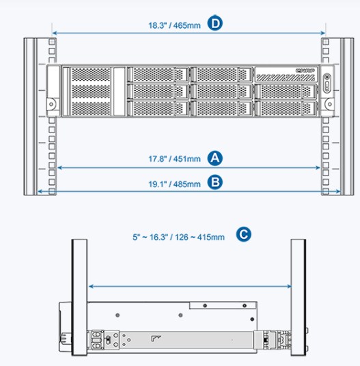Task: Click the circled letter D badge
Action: click(x=215, y=23)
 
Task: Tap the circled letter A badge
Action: click(x=215, y=158)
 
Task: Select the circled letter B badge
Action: click(x=215, y=182)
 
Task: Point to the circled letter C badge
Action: click(x=243, y=234)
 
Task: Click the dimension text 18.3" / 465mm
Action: click(x=174, y=25)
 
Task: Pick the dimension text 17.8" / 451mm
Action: click(x=174, y=159)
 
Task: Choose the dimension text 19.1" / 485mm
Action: click(x=174, y=184)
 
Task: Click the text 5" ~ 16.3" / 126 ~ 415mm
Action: click(x=178, y=237)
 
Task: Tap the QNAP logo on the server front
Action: click(x=305, y=70)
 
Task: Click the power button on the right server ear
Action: click(x=327, y=76)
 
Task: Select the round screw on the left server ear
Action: click(x=51, y=104)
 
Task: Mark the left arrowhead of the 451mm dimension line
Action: click(x=59, y=167)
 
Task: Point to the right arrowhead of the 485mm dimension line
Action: click(x=338, y=191)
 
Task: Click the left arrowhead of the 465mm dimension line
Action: click(x=55, y=33)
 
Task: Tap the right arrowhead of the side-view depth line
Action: click(x=289, y=286)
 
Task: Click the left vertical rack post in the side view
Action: click(x=79, y=297)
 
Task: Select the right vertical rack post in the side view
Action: click(x=298, y=297)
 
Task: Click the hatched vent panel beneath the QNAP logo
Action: click(x=286, y=77)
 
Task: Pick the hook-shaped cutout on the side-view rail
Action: click(x=156, y=338)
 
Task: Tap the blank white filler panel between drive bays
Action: click(x=120, y=91)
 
